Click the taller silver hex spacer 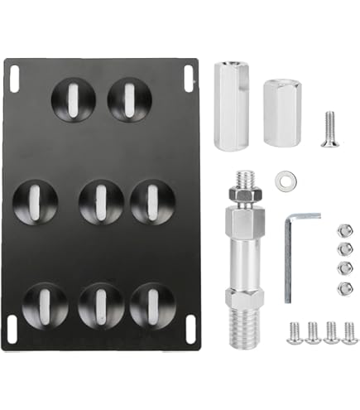tap(228, 106)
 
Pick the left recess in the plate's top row tap(73, 99)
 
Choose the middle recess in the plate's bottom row tap(100, 304)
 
